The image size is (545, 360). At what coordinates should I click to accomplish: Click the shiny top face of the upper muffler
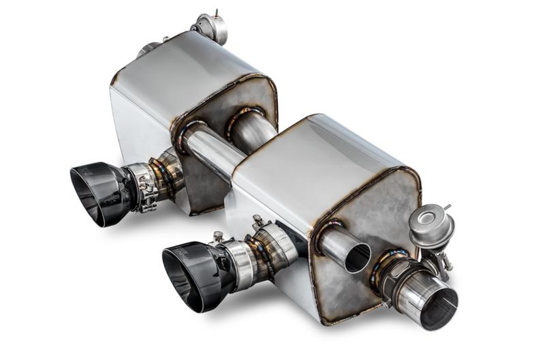(184, 68)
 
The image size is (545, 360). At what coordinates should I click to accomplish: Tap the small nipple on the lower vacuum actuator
(447, 206)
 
